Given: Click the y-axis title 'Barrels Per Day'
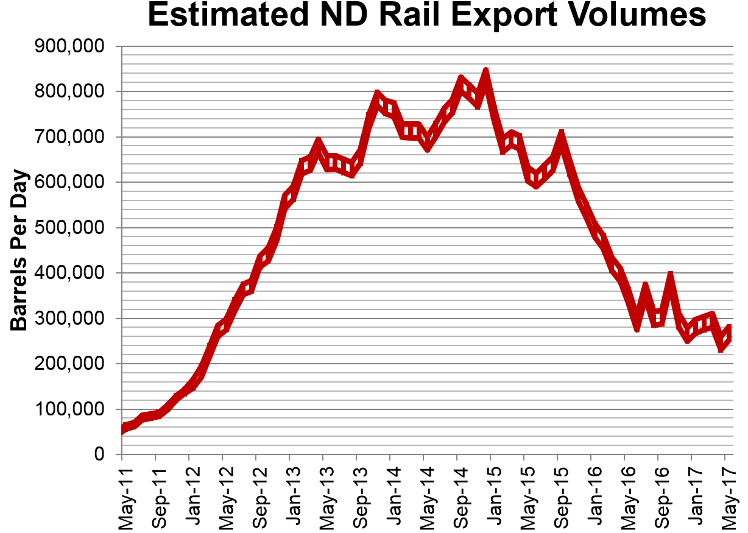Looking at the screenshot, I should pos(20,250).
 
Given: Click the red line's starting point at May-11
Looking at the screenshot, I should pos(122,429).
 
